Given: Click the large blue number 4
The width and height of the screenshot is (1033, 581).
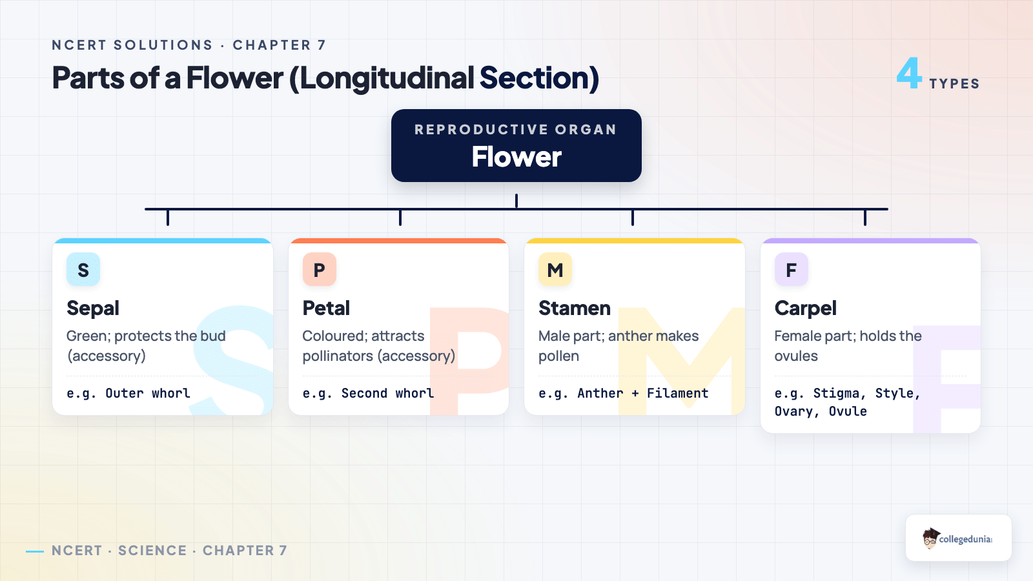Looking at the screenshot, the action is (909, 73).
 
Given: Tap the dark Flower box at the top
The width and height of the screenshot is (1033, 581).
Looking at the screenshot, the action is (516, 145).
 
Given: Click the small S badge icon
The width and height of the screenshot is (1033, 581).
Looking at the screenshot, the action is (83, 269).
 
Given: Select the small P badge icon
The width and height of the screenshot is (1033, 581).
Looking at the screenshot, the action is (319, 269).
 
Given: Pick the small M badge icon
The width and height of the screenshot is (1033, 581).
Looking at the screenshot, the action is (555, 269).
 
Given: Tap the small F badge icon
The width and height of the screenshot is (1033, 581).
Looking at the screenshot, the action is (792, 269).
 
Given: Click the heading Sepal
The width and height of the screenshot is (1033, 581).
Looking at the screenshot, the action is (93, 309).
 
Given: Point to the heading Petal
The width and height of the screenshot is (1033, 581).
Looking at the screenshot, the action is (326, 308).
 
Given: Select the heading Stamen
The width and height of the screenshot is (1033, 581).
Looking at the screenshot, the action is (575, 308).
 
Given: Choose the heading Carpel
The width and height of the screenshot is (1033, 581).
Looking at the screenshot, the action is (805, 309).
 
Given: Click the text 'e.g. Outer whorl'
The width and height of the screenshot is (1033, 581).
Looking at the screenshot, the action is (128, 393).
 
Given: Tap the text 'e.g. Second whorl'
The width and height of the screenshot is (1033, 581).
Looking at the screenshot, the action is (368, 393).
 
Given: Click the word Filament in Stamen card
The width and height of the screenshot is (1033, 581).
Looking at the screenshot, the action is (677, 393).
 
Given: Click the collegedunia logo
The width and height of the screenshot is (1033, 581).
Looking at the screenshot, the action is (958, 538).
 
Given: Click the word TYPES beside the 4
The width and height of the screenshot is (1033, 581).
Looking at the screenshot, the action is (954, 83).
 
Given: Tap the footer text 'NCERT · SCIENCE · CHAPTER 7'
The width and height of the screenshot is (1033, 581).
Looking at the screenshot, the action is (169, 551).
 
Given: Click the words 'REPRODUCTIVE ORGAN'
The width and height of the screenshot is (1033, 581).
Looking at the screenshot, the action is (516, 130).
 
